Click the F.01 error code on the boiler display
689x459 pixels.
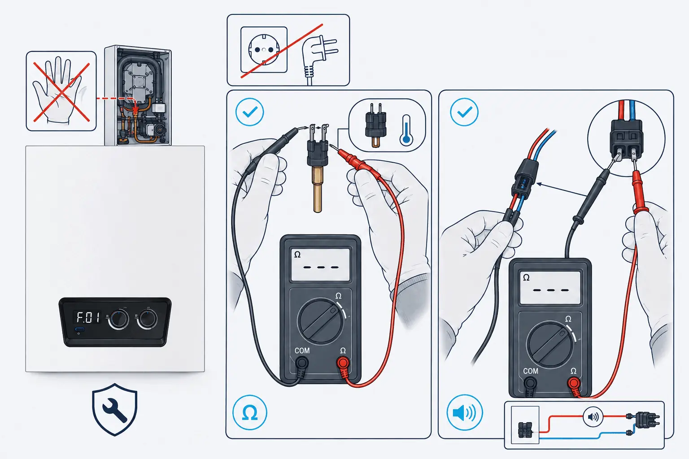(x=88, y=318)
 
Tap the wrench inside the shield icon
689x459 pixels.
(x=114, y=410)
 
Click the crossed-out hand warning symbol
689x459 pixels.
(x=61, y=91)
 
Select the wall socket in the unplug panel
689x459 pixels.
(x=264, y=50)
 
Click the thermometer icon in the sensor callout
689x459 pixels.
(x=406, y=130)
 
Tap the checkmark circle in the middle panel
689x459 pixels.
(x=249, y=112)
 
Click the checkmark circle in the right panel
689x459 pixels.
(x=464, y=112)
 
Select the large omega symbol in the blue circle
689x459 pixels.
(x=250, y=412)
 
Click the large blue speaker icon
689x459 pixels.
(x=464, y=412)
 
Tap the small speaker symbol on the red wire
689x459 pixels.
(x=593, y=417)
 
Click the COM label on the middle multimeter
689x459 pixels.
(x=302, y=351)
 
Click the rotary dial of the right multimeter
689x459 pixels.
(x=550, y=345)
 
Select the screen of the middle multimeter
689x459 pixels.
(x=321, y=264)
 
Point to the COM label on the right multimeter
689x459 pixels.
(x=531, y=371)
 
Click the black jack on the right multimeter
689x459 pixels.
(x=530, y=384)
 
